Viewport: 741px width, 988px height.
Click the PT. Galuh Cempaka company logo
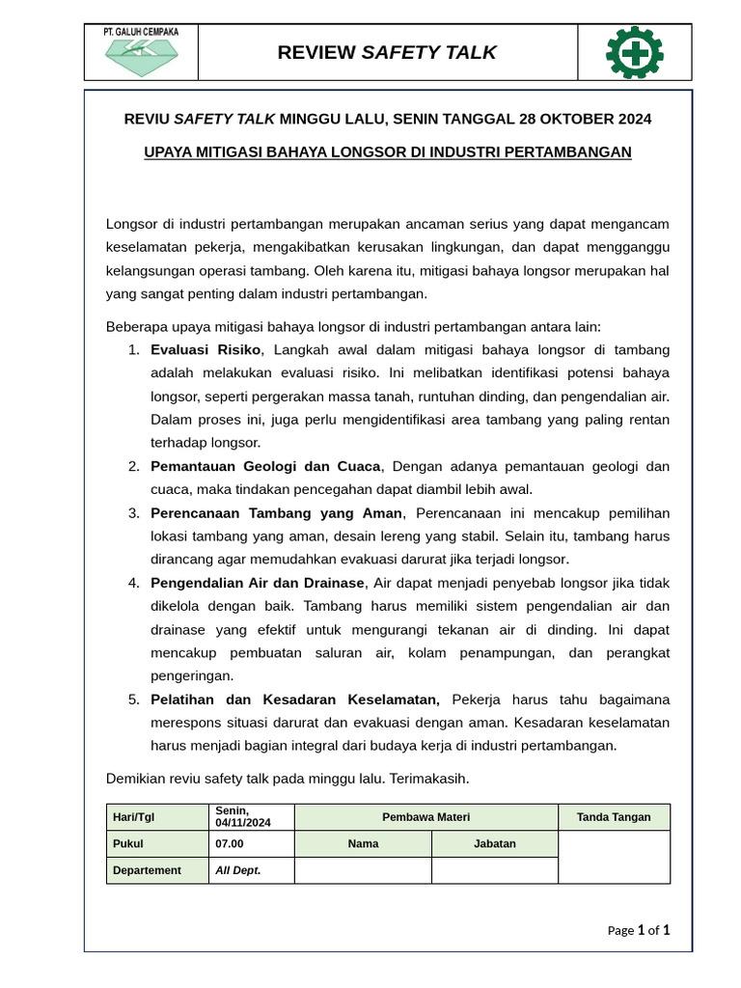(x=141, y=53)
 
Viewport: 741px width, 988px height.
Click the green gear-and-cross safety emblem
(x=634, y=53)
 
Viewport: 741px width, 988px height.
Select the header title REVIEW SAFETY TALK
(x=387, y=53)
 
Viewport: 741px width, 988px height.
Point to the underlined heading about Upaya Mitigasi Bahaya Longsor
(x=387, y=151)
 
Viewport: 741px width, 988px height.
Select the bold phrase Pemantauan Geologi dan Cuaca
(x=266, y=466)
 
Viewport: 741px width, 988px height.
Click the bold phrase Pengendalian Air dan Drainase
(x=258, y=583)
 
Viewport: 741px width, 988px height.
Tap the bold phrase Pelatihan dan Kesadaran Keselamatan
(x=294, y=699)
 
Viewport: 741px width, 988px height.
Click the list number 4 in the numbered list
(x=133, y=583)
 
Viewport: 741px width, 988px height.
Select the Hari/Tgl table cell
(x=134, y=817)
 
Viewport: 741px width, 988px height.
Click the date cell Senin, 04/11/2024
(x=243, y=817)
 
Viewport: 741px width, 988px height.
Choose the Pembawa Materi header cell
(x=425, y=817)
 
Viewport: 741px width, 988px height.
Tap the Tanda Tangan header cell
(x=614, y=817)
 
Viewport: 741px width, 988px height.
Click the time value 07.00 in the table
(x=230, y=843)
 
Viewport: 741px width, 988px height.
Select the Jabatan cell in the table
(x=494, y=843)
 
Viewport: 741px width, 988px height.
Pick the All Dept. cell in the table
(x=238, y=870)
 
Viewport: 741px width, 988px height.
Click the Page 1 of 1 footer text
(x=638, y=930)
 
